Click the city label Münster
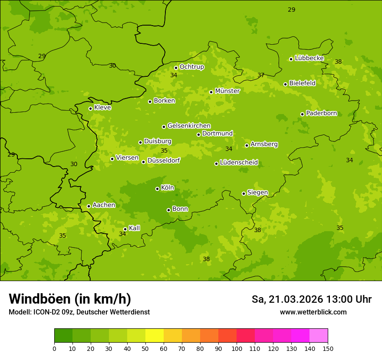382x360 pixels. click(227, 91)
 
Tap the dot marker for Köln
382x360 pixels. click(157, 189)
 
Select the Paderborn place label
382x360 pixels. click(321, 114)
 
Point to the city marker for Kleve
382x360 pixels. click(90, 108)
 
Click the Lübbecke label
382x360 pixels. click(309, 58)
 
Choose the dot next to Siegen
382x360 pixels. click(244, 193)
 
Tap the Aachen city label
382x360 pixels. click(104, 205)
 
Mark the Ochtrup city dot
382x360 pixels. click(176, 68)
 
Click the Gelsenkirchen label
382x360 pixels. click(189, 126)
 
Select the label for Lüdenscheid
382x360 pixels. click(239, 163)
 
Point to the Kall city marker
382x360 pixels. click(125, 229)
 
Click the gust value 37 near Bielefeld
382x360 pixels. click(261, 75)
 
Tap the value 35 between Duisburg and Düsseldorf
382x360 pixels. click(164, 151)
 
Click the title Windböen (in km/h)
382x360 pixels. click(70, 299)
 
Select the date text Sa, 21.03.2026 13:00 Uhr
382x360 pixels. click(311, 299)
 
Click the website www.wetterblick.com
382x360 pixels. click(313, 312)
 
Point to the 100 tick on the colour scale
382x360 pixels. click(237, 348)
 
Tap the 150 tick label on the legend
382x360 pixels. click(328, 348)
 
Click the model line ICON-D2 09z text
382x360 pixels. click(79, 312)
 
